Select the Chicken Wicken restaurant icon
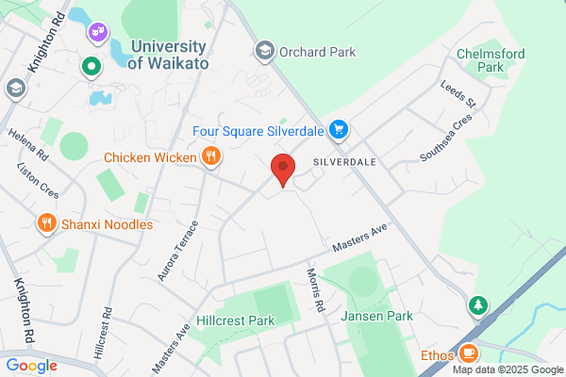tap(212, 157)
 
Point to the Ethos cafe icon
tap(469, 354)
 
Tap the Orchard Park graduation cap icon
tap(264, 51)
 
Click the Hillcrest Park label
tap(236, 320)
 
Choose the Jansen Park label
tap(376, 316)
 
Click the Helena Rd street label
tap(27, 139)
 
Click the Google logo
tap(31, 366)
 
